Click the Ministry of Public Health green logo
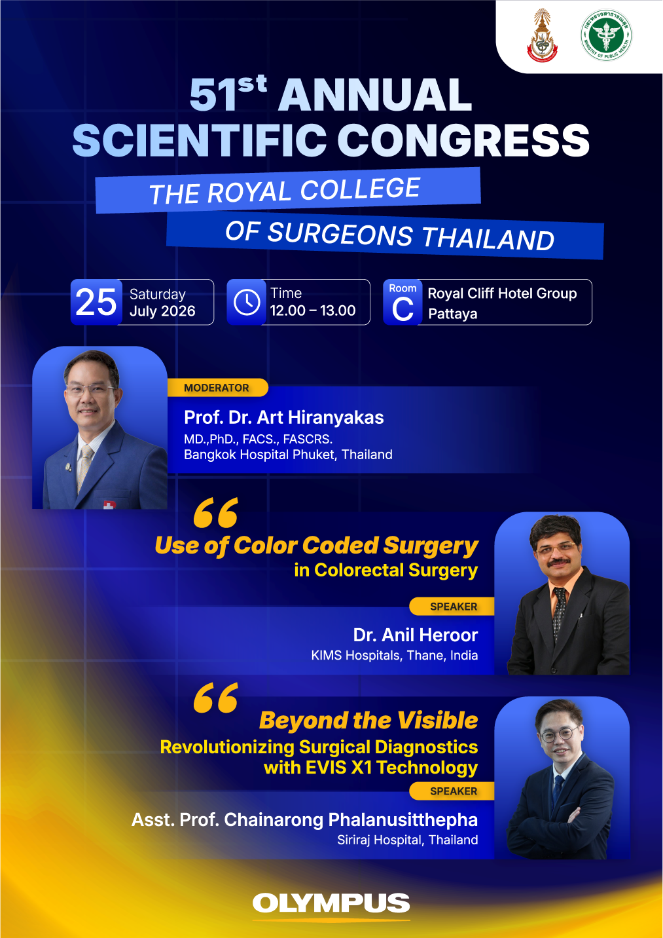click(x=606, y=35)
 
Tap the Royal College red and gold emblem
click(x=542, y=36)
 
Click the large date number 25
click(x=96, y=302)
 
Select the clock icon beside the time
click(x=246, y=302)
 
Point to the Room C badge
click(x=403, y=302)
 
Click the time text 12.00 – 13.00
click(x=313, y=310)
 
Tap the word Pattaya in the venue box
click(x=453, y=314)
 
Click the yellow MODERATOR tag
click(x=217, y=387)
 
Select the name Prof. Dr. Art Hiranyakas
click(x=284, y=417)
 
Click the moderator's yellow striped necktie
click(x=84, y=468)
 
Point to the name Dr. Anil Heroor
click(x=416, y=635)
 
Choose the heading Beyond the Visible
click(x=368, y=721)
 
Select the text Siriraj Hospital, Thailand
click(x=407, y=840)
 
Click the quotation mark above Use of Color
click(x=216, y=512)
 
